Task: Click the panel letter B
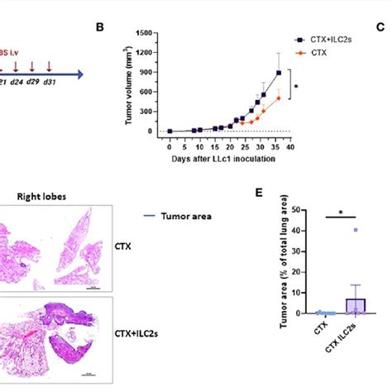(100, 27)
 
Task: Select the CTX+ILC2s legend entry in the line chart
(326, 39)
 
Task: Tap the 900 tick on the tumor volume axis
(152, 72)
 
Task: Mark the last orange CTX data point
(278, 98)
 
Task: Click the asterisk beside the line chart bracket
(297, 85)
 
